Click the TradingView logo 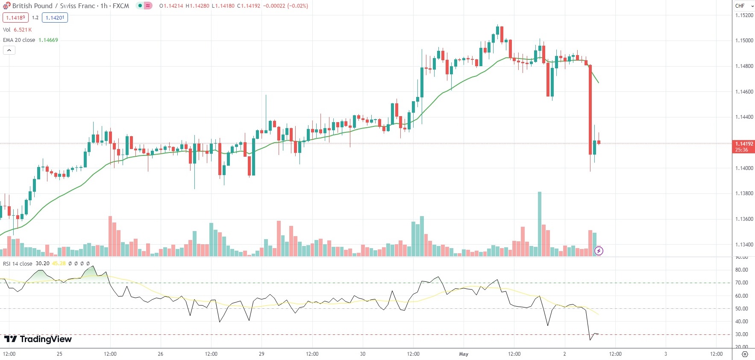pos(38,339)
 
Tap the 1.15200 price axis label pos(744,15)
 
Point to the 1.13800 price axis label pos(744,193)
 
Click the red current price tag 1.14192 pos(744,146)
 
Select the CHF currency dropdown pos(744,6)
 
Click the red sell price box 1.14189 pos(15,18)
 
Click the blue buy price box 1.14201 pos(55,18)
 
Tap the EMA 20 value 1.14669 pos(48,40)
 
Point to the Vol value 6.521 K pos(23,30)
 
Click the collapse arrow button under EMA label pos(9,50)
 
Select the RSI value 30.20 pos(42,263)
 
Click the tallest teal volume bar pos(540,224)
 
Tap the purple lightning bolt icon pos(599,251)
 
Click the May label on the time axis pos(464,354)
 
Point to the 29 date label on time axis pos(261,354)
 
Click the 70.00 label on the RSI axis pos(741,283)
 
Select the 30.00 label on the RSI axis pos(741,334)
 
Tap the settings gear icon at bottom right pos(745,354)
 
